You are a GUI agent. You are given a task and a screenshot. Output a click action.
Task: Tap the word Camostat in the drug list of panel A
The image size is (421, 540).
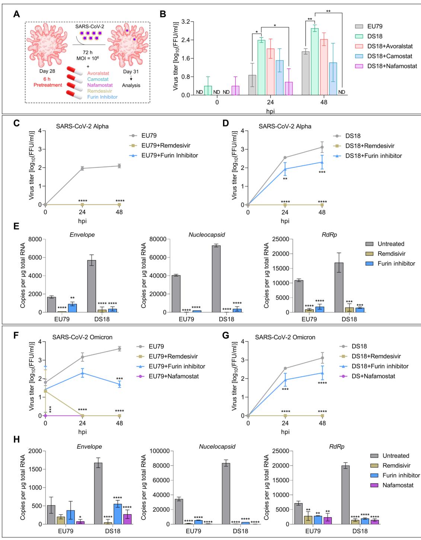click(x=98, y=79)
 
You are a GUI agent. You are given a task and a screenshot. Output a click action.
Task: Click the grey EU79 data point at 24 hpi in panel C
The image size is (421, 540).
click(x=82, y=168)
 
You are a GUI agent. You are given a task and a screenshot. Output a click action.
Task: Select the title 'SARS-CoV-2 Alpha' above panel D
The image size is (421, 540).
click(x=285, y=126)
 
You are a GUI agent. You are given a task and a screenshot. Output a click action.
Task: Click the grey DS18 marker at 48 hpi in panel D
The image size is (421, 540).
click(x=322, y=147)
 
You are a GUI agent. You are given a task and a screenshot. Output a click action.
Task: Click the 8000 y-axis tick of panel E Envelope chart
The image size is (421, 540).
click(x=34, y=239)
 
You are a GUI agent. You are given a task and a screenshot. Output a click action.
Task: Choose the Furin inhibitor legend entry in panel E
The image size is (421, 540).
click(x=396, y=263)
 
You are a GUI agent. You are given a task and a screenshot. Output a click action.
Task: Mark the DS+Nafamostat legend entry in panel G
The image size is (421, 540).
click(x=373, y=376)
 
